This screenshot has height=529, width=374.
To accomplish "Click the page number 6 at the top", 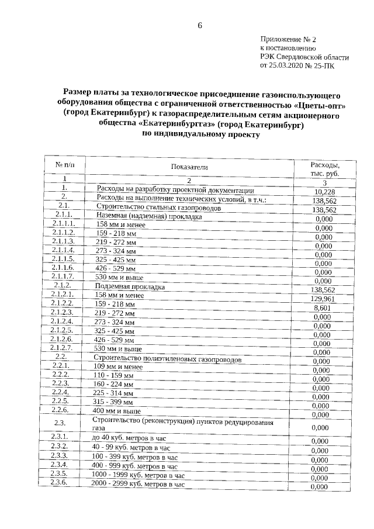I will [199, 25].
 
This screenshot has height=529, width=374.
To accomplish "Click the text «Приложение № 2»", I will [289, 39].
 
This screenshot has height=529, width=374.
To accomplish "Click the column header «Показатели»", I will [189, 167].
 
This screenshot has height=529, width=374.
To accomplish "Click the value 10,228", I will [324, 192].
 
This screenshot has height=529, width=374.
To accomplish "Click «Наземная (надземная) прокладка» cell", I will [150, 216].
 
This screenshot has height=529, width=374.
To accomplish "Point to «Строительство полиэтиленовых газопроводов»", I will [168, 359].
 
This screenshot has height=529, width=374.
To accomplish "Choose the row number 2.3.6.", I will [60, 482].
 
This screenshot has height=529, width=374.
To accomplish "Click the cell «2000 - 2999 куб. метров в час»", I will [138, 485].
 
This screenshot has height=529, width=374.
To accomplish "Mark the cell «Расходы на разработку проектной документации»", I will [175, 190].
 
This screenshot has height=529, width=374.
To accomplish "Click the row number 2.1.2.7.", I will [62, 348].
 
